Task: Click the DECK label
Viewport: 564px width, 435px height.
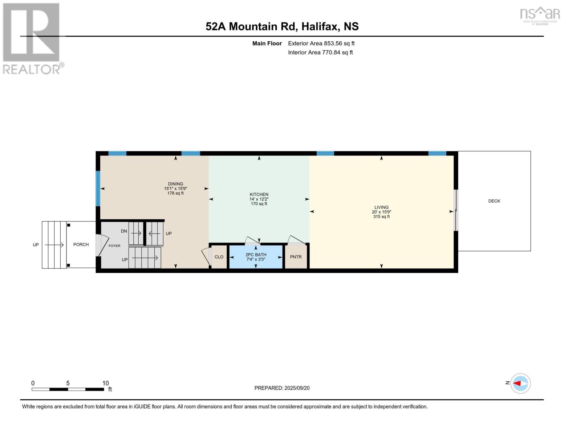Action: tap(494, 201)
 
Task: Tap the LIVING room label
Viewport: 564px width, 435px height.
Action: tap(381, 207)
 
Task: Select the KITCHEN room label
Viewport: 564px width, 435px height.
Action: tap(259, 195)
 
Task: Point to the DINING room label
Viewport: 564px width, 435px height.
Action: tap(175, 184)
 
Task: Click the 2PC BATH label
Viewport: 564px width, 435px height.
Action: tap(256, 255)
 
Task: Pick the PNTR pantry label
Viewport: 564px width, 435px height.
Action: tap(296, 257)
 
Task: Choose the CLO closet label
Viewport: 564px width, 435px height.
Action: tap(219, 257)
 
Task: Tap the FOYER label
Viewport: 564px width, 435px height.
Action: tap(114, 246)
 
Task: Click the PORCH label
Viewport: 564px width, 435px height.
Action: tap(81, 245)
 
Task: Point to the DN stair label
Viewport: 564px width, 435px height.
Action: tap(124, 231)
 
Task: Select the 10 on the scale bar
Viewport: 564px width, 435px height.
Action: tap(105, 383)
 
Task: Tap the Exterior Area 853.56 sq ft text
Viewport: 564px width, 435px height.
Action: tap(321, 43)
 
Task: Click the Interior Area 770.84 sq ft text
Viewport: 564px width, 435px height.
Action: tap(320, 53)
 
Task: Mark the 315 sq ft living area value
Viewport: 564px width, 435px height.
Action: tap(381, 217)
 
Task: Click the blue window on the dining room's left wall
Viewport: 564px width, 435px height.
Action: tap(98, 188)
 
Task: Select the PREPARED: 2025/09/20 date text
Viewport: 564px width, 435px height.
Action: tap(282, 388)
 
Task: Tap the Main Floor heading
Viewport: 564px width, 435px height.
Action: tap(267, 43)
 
